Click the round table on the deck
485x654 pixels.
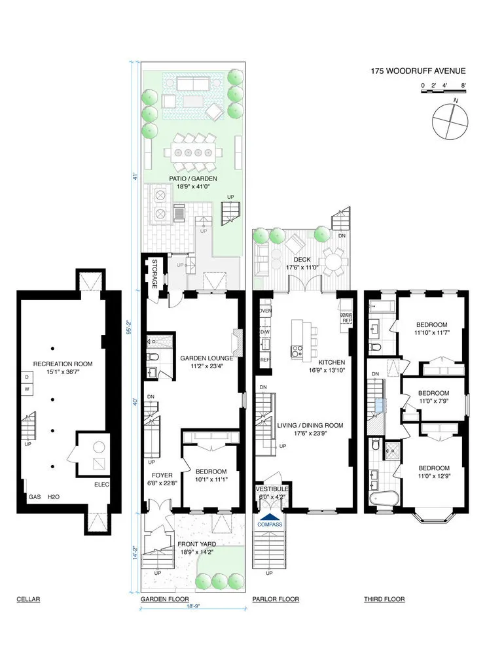[334, 262]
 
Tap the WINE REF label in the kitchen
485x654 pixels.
[346, 318]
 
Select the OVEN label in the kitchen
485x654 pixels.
[265, 311]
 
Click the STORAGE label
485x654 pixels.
[155, 275]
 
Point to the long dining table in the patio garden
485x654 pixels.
[193, 152]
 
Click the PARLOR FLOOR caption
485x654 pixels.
[276, 599]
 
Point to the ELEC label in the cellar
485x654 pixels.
[101, 485]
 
